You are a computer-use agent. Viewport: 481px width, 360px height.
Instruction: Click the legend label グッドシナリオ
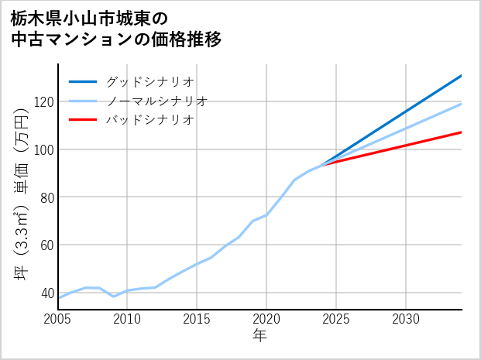tap(149, 81)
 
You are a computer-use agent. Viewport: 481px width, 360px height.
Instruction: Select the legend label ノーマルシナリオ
tap(156, 101)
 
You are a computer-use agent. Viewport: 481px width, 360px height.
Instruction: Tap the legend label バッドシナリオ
tap(149, 120)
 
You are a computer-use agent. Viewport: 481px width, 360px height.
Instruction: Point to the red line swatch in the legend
tap(83, 120)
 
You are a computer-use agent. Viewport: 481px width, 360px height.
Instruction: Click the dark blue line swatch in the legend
tap(83, 81)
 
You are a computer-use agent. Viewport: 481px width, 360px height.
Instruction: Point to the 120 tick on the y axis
tap(43, 101)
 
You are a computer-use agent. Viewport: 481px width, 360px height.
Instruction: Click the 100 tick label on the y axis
tap(43, 149)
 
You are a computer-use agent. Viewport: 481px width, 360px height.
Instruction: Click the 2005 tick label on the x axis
tap(58, 319)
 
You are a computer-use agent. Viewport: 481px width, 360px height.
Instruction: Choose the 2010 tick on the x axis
tap(127, 319)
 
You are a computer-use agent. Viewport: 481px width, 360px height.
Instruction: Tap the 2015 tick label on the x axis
tap(197, 319)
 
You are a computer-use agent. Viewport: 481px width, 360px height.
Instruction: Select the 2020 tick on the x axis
tap(266, 319)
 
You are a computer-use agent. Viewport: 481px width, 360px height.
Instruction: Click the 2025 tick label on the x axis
tap(336, 319)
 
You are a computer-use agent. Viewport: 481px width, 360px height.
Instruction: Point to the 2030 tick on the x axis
tap(406, 319)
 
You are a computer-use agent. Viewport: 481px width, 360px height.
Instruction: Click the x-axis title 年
tap(259, 336)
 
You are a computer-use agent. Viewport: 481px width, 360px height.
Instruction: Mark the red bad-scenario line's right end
tap(461, 132)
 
